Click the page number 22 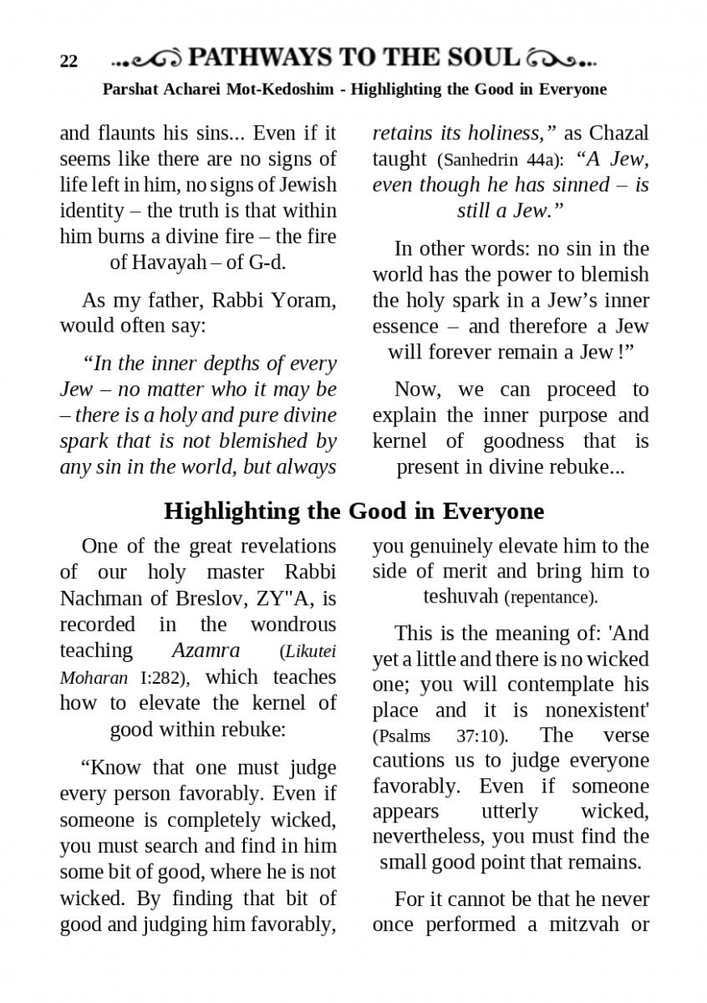[x=69, y=62]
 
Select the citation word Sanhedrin [x=478, y=160]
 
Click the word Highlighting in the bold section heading [x=233, y=511]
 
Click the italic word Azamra [x=206, y=650]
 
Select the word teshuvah [x=461, y=597]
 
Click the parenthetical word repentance [x=552, y=598]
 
